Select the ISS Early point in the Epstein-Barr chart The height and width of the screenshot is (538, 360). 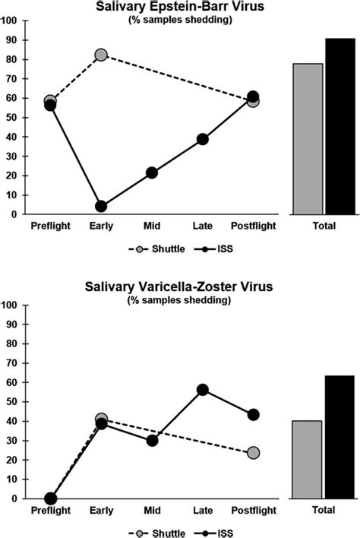(x=101, y=206)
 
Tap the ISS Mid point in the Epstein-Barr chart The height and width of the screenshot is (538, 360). (x=152, y=172)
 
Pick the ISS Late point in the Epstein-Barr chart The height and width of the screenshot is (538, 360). (x=203, y=139)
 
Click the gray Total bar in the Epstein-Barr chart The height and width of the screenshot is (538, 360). (x=308, y=138)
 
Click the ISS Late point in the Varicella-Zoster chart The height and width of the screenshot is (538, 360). (x=203, y=389)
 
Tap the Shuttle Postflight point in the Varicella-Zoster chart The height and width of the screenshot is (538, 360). (x=254, y=452)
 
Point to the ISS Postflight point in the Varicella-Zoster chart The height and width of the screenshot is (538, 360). (x=254, y=414)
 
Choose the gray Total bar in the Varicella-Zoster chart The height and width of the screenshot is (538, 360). (x=308, y=459)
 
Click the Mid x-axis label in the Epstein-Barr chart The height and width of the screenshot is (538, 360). (x=152, y=226)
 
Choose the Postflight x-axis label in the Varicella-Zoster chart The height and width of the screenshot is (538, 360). (x=254, y=511)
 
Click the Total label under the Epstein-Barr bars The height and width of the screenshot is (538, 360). (x=324, y=226)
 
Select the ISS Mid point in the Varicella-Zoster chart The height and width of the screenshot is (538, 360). (x=152, y=440)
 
